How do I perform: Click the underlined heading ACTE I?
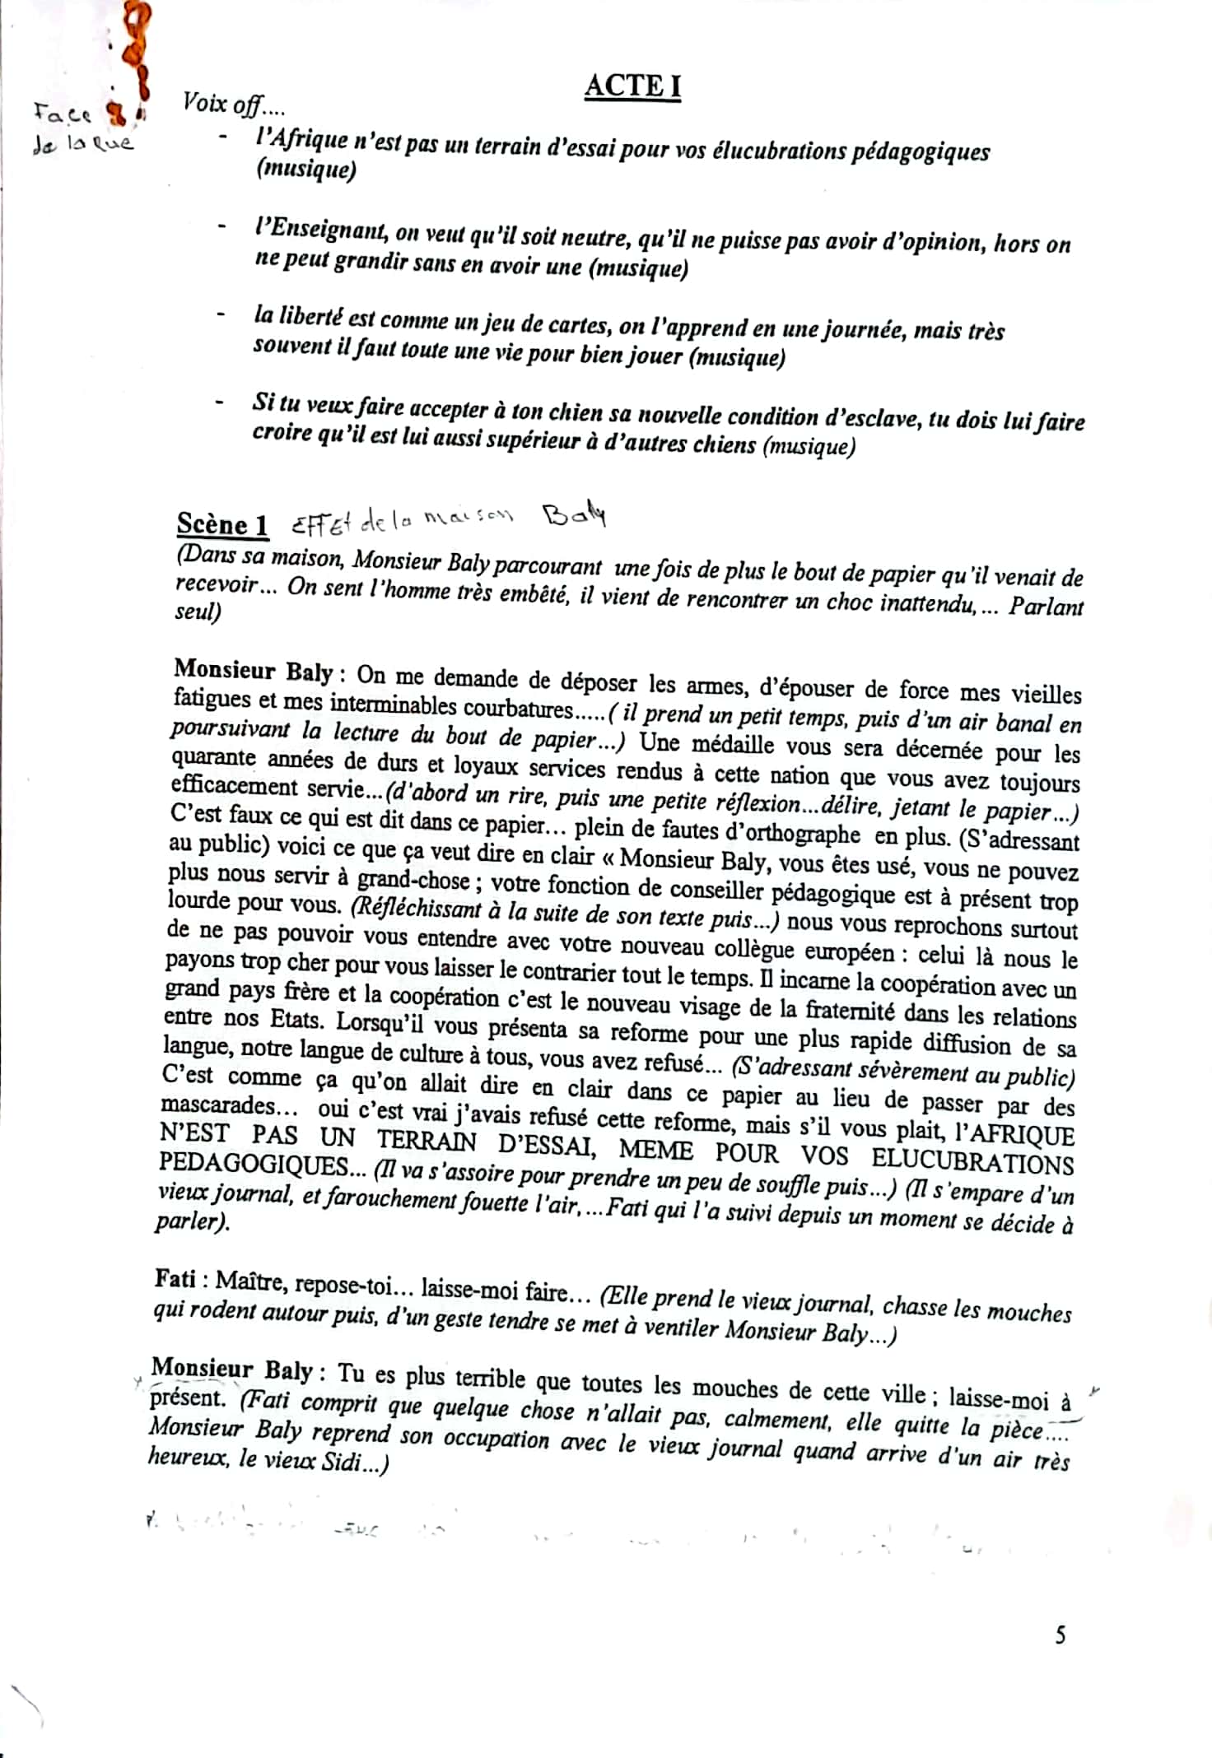coord(632,86)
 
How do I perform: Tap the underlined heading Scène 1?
coord(222,524)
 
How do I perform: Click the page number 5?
coord(1060,1635)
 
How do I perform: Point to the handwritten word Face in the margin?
coord(63,112)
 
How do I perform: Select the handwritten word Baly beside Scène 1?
coord(575,515)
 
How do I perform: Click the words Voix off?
coord(232,104)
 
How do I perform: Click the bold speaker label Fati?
coord(175,1278)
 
